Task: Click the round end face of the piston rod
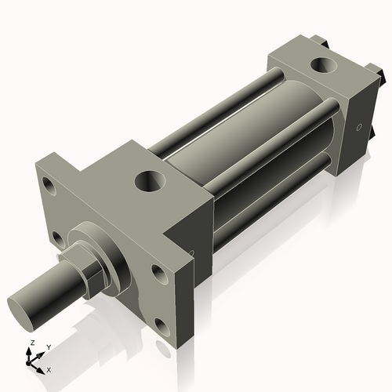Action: tap(23, 303)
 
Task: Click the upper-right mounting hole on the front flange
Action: tap(158, 274)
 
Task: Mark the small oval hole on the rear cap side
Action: tap(359, 125)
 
